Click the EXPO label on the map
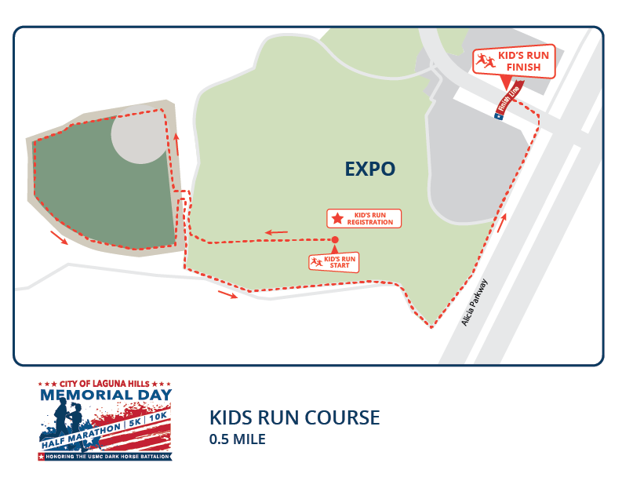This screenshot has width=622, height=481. pos(369,169)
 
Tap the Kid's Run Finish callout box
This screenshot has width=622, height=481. pos(515,62)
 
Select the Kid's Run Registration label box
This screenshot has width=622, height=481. pos(363,218)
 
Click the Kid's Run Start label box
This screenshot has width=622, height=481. pos(334,262)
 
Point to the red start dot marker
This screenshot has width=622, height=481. pos(335,239)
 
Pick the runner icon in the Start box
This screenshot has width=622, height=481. pos(316,262)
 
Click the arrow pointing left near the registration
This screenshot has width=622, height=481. pos(275,232)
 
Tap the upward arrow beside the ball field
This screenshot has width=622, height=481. pos(176,144)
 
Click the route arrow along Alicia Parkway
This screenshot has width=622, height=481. pos(500,222)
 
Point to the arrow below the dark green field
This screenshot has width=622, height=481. pos(59,237)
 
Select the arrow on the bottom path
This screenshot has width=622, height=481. pos(227,294)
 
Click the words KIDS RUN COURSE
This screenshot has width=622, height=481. pos(294,417)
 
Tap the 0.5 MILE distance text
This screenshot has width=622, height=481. pos(237,439)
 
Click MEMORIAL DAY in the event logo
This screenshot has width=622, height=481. pos(105,395)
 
